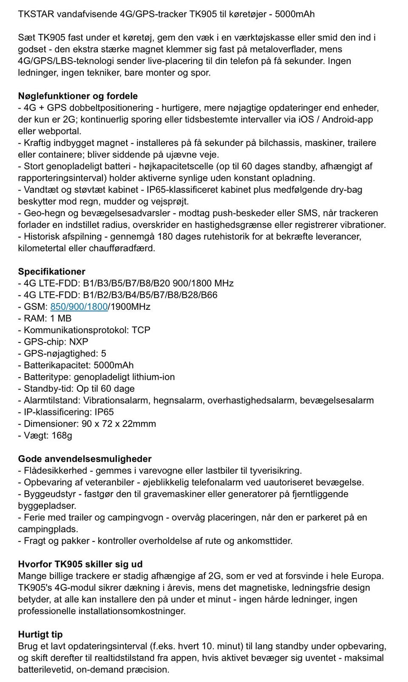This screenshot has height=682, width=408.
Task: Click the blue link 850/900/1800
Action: (x=79, y=306)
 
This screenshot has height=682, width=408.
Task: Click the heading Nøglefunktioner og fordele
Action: (x=78, y=96)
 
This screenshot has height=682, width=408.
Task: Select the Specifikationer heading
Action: (x=51, y=272)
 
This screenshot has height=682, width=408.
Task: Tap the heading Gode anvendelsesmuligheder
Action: (x=85, y=459)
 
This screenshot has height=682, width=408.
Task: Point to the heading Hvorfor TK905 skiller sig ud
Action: (x=80, y=564)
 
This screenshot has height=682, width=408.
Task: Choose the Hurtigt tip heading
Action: (x=40, y=634)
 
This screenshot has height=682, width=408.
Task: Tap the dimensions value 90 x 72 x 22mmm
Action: (x=119, y=424)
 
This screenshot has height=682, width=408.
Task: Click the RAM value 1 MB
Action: (x=61, y=318)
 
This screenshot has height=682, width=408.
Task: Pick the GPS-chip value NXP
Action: (x=79, y=342)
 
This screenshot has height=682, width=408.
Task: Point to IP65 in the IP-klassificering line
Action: (x=104, y=412)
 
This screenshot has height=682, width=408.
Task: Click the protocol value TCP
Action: (x=141, y=330)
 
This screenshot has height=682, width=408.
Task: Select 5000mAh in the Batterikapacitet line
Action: (x=113, y=365)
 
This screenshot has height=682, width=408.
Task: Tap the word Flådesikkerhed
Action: (x=55, y=471)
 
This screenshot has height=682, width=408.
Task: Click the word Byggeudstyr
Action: (x=49, y=494)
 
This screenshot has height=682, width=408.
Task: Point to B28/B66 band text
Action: (x=202, y=295)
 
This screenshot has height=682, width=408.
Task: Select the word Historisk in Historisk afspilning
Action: (x=41, y=236)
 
